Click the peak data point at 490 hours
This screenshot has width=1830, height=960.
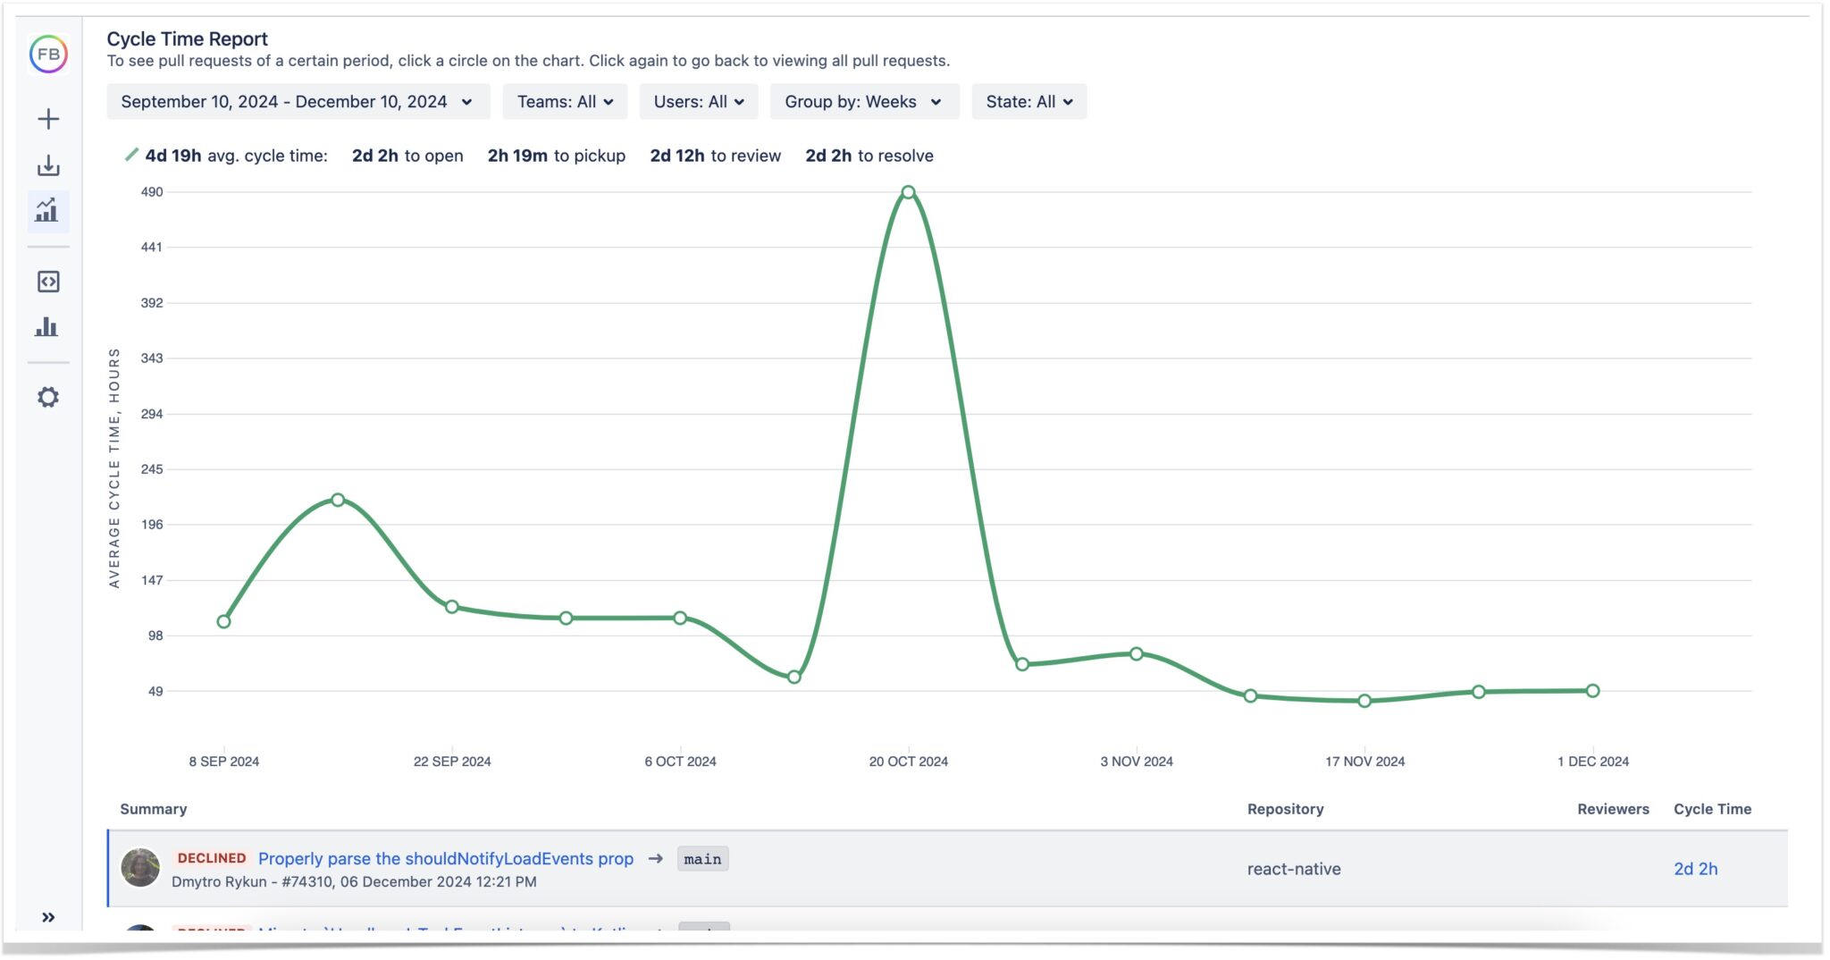point(908,192)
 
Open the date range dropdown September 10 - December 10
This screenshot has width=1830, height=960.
point(298,102)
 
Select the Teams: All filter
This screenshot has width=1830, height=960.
point(565,102)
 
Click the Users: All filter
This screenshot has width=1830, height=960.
point(699,102)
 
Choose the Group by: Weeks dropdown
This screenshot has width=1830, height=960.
point(864,102)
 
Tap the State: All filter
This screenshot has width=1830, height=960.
point(1029,102)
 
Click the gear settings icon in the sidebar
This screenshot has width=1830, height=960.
point(48,397)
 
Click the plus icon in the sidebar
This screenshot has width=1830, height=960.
point(48,119)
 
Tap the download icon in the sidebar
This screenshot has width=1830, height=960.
point(48,165)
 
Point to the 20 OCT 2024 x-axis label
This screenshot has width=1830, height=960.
point(908,762)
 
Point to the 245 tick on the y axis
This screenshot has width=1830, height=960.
point(152,469)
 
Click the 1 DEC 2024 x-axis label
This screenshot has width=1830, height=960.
point(1592,762)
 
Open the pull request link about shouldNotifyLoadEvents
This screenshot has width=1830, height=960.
point(445,859)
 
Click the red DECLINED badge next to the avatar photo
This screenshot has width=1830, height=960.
point(212,858)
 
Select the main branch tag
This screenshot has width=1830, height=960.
point(702,859)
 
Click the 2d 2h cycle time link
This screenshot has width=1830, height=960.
point(1695,869)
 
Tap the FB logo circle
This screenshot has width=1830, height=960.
point(48,55)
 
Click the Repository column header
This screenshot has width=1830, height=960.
point(1285,809)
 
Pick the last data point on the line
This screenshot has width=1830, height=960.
point(1592,691)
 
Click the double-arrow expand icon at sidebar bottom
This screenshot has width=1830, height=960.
point(48,917)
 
